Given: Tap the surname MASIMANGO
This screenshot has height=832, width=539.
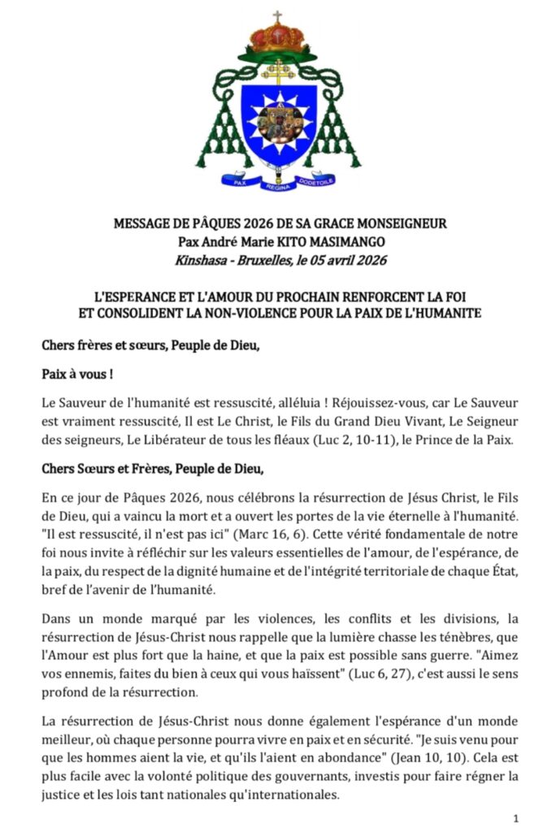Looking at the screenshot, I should (344, 240).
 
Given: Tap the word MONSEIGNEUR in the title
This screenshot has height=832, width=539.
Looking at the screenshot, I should (400, 222).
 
